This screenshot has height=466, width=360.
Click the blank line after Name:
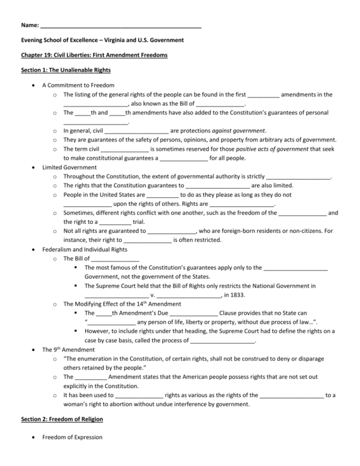pos(121,25)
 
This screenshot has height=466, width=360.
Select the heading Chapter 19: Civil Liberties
pos(94,55)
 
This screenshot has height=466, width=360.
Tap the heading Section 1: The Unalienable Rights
pos(66,70)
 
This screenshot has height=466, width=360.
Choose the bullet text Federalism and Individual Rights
pos(85,249)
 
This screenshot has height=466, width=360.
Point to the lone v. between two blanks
pos(152,295)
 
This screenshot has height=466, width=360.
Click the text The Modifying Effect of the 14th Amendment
pos(122,304)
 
